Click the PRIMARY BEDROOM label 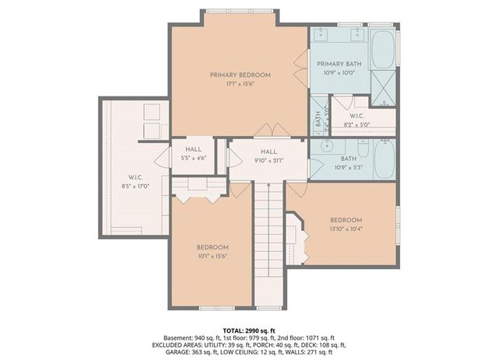(x=239, y=75)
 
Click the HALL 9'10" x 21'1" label (x=268, y=156)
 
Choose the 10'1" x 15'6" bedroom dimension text (x=212, y=255)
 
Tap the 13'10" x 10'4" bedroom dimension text (x=345, y=228)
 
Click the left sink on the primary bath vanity (x=326, y=35)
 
